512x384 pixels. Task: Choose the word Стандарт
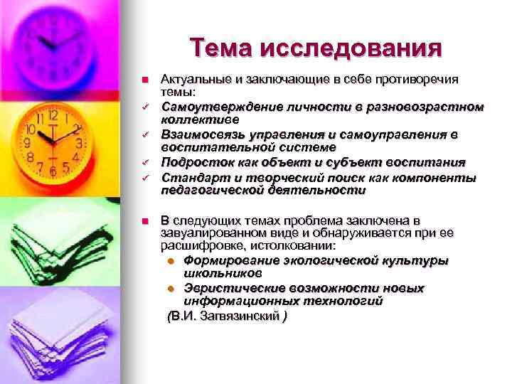click(x=186, y=176)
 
